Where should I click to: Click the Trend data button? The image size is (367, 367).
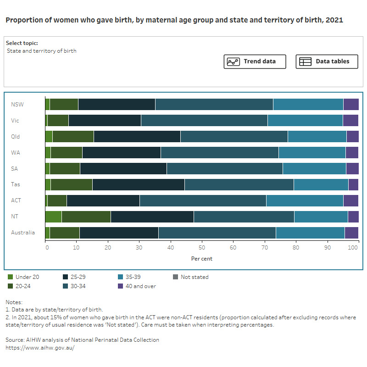(x=255, y=61)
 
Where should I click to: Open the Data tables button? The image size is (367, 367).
(x=327, y=61)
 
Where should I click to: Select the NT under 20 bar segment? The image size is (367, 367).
(x=53, y=217)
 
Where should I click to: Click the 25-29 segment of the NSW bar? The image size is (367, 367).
(x=117, y=104)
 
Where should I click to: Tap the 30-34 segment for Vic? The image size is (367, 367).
(x=204, y=120)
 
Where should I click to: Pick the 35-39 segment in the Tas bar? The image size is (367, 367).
(x=321, y=184)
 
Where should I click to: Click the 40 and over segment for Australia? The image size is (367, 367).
(x=351, y=233)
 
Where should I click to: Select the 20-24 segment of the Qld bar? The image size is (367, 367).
(x=73, y=136)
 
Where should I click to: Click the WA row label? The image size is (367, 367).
(x=16, y=152)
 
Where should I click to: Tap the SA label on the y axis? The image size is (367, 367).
(x=15, y=168)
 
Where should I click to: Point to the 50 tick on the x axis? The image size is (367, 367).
(x=202, y=248)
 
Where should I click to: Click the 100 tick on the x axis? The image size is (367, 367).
(x=353, y=248)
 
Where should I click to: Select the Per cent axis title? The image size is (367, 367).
(x=202, y=259)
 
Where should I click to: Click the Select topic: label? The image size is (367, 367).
(x=22, y=43)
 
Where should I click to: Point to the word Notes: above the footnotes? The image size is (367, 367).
(x=14, y=302)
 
